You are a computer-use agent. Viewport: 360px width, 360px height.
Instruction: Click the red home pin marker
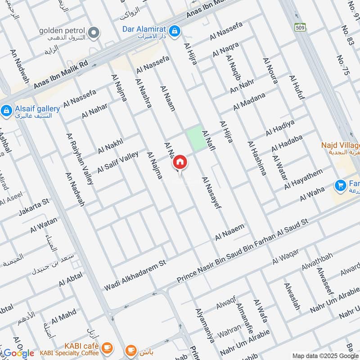pyautogui.click(x=180, y=162)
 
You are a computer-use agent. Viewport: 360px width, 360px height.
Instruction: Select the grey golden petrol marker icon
pyautogui.click(x=94, y=32)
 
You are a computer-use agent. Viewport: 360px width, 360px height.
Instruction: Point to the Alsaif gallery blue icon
pyautogui.click(x=6, y=110)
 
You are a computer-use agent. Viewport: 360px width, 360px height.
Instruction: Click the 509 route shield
pyautogui.click(x=300, y=27)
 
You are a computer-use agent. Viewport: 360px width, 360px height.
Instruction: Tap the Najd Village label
pyautogui.click(x=340, y=146)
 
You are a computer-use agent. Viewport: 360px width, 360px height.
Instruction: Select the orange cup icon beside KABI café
pyautogui.click(x=107, y=347)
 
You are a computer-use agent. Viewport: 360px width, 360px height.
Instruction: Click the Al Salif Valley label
pyautogui.click(x=118, y=161)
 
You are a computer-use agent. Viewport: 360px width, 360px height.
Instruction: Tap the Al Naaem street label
pyautogui.click(x=229, y=232)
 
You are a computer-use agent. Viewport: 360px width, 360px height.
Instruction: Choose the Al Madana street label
pyautogui.click(x=249, y=101)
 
